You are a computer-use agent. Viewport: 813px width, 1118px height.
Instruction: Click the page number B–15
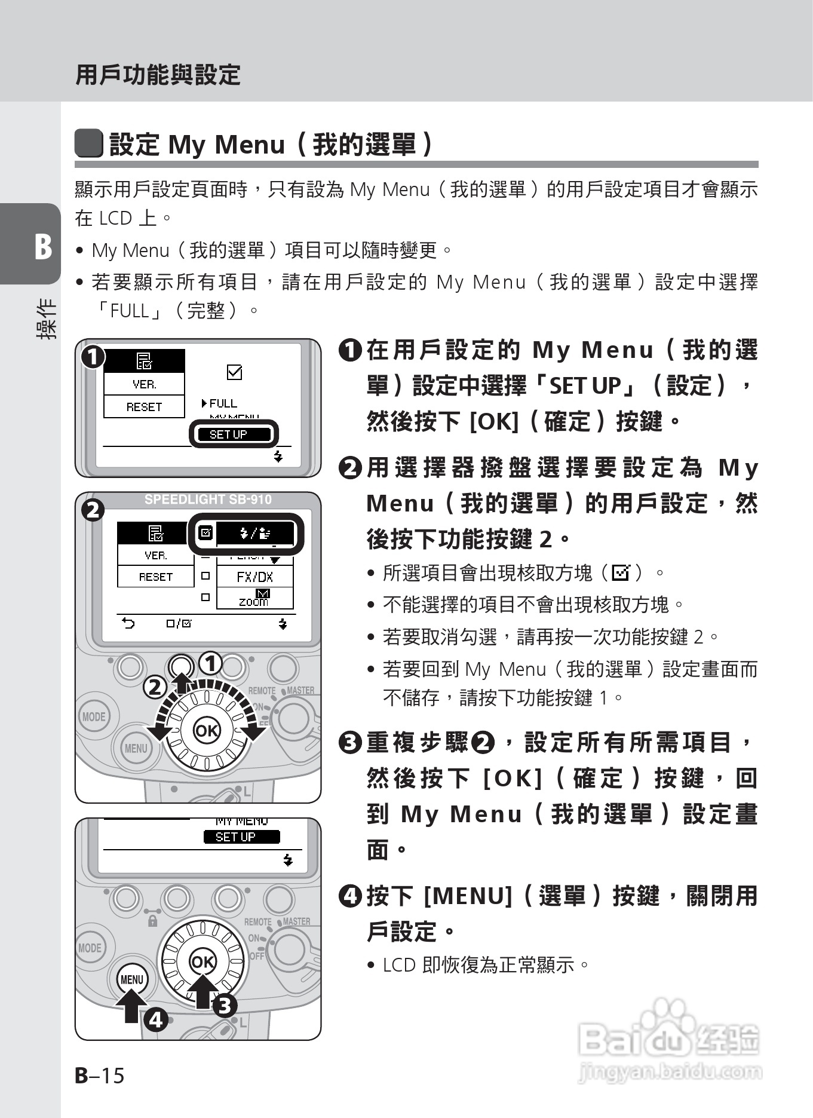100,1075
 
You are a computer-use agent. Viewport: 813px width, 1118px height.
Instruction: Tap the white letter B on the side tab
42,246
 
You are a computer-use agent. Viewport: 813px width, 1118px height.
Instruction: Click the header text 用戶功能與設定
158,75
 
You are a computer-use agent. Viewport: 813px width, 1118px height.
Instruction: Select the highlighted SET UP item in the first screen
234,434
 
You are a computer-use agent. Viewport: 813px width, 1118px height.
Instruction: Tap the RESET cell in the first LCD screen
144,407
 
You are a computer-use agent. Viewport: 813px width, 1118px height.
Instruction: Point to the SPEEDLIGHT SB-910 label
208,500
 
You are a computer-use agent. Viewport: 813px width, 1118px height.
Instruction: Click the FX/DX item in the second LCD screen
254,577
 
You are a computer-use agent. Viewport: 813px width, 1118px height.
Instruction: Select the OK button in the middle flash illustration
207,730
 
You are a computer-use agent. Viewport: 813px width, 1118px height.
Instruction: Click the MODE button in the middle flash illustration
93,716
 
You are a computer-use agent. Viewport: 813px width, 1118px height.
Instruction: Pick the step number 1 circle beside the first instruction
350,350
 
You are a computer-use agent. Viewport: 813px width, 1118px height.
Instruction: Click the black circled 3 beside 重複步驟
350,743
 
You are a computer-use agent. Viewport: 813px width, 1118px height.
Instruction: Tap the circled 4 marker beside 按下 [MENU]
350,896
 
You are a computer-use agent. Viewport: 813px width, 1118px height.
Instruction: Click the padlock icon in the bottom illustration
152,921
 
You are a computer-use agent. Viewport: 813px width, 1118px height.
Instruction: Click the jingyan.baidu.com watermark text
670,1071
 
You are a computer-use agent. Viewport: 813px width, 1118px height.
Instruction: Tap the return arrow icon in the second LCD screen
128,624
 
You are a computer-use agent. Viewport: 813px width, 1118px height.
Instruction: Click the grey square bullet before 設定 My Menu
88,144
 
